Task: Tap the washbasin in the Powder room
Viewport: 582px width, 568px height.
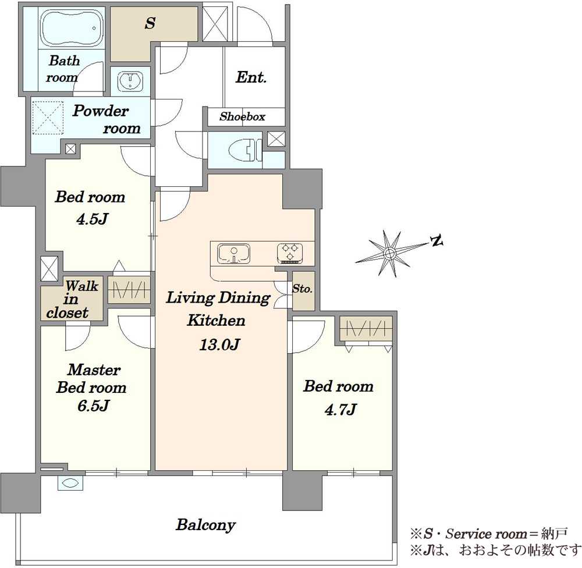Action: point(130,81)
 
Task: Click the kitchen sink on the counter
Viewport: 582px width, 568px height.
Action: point(233,254)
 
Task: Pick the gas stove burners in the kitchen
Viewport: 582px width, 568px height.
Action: point(290,253)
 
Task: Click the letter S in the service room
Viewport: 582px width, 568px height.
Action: point(150,23)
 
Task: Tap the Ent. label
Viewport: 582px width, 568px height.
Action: point(251,77)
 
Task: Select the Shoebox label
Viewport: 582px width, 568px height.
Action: point(242,116)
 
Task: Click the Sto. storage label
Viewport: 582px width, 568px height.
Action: point(302,289)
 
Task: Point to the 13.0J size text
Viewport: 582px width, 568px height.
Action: point(219,345)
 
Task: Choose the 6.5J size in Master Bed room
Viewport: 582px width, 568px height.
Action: point(93,406)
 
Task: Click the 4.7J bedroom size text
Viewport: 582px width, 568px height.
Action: point(340,410)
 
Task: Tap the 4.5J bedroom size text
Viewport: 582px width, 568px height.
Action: point(92,219)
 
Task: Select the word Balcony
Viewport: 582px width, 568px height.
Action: point(205,524)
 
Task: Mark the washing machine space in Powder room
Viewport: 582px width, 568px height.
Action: point(48,118)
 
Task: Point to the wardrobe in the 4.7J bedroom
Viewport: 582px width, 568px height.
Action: point(366,329)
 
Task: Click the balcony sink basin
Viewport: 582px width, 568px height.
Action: point(70,484)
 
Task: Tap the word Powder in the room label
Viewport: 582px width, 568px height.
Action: point(101,111)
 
